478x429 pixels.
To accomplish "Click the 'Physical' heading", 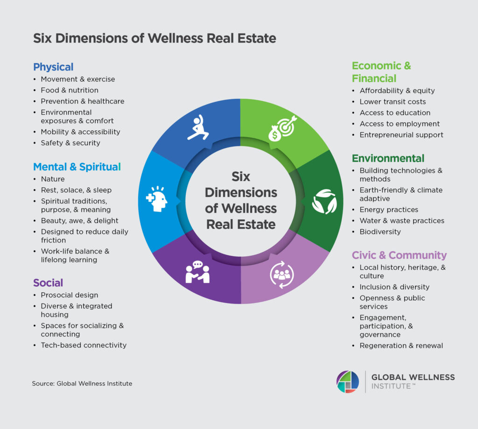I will coord(53,67).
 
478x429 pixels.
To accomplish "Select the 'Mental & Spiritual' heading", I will coord(77,167).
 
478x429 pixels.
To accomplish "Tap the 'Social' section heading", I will coord(48,283).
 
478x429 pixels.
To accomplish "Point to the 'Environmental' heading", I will coord(388,158).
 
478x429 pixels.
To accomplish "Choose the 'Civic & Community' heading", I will coord(399,255).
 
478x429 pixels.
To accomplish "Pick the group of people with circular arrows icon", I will coord(282,274).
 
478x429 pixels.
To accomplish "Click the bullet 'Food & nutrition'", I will coord(70,90).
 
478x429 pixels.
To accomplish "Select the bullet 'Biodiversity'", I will coord(380,232).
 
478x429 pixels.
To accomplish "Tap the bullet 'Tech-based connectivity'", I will coord(84,345).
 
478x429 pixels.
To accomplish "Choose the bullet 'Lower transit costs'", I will coord(393,102).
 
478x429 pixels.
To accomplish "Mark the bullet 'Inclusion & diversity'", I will coord(394,287).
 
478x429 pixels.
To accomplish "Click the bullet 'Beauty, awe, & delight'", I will coord(79,221).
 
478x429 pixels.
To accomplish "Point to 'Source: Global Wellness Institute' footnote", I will coord(82,384).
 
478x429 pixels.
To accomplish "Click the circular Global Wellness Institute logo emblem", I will coord(348,381).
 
